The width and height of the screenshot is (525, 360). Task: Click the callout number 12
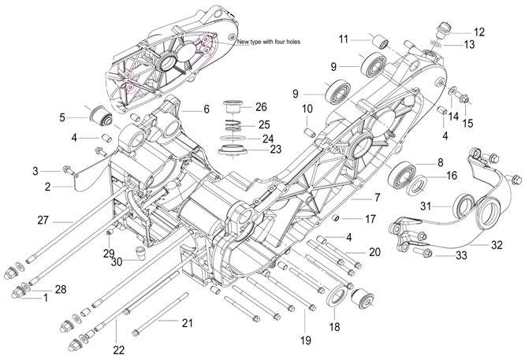tap(479, 32)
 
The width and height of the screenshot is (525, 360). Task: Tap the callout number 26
tap(261, 107)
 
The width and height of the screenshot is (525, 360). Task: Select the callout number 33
tap(461, 255)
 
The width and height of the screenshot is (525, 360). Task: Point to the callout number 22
tap(118, 350)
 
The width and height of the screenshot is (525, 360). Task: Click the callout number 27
tap(43, 221)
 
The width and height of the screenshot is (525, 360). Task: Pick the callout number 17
tap(370, 219)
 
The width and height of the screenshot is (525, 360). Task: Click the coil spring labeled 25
tap(232, 125)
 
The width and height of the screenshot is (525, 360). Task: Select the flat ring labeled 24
tap(233, 138)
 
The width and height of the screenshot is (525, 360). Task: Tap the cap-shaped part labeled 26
tap(232, 107)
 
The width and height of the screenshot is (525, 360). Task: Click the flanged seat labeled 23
tap(233, 150)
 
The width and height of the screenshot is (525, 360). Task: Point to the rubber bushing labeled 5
tap(100, 117)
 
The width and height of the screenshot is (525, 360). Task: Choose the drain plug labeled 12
tap(445, 29)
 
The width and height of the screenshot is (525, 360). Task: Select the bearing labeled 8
tap(401, 173)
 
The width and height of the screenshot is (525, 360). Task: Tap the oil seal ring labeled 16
tap(418, 184)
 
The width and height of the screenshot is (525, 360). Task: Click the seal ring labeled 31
tap(464, 206)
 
